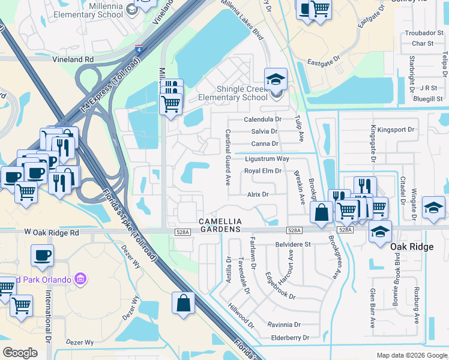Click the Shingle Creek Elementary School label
233,93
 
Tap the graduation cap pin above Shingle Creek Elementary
276,79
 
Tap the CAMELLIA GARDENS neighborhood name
220,225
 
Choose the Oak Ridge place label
412,247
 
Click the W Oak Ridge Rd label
52,232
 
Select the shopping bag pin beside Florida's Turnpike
183,302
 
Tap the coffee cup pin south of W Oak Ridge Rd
42,255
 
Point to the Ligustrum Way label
267,158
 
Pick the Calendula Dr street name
262,119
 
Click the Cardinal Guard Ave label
228,157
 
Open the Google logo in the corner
20,352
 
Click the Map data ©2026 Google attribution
411,355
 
